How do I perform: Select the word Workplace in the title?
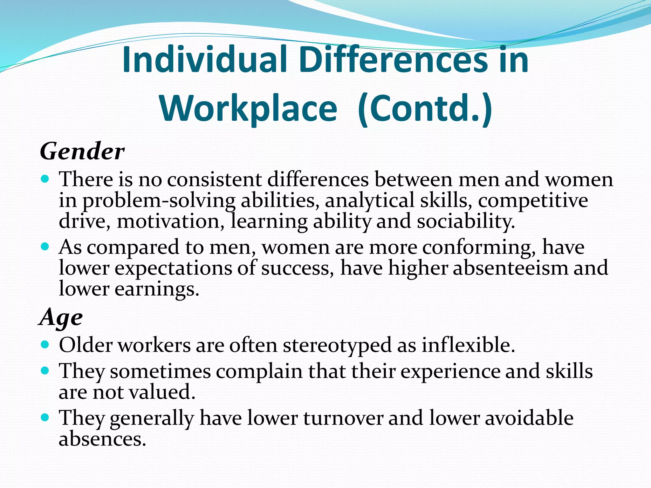tap(248, 109)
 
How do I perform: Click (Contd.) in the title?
tap(425, 109)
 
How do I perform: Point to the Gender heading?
tap(82, 152)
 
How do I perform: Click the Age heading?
tap(61, 317)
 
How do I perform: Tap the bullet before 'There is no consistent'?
tap(45, 179)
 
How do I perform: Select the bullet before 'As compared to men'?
tap(45, 246)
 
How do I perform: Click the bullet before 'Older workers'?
tap(45, 344)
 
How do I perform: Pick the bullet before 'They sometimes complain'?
tap(45, 370)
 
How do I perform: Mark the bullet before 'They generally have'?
tap(45, 417)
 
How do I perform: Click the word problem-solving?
tap(159, 201)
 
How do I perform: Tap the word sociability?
tap(465, 221)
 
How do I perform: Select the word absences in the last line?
tap(102, 439)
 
